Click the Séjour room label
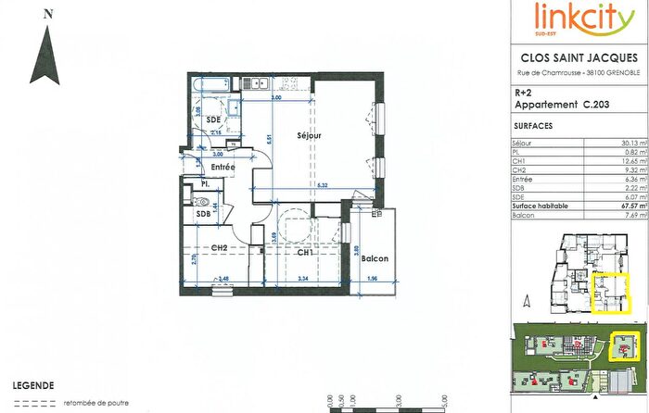pos(295,134)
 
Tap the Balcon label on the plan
pos(375,258)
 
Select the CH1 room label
pos(303,251)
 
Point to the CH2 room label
pos(220,247)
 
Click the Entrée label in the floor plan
pos(222,167)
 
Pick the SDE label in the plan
pos(213,121)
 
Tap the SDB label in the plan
pos(204,214)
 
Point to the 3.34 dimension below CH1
pos(301,278)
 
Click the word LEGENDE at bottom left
pos(32,384)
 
